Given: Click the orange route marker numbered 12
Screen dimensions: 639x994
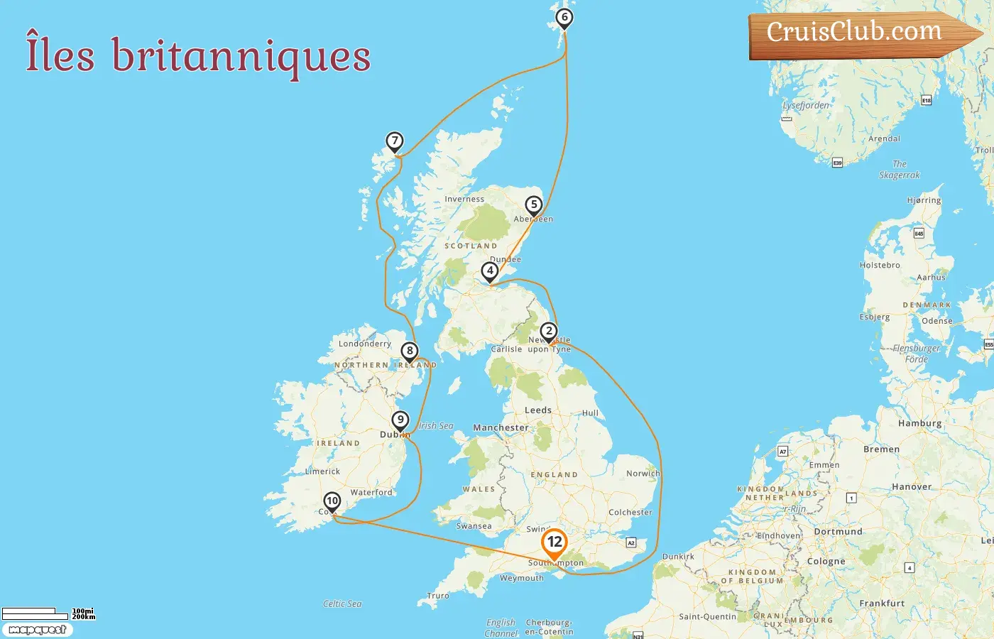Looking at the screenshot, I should [555, 543].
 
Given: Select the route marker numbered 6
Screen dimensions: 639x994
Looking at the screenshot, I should [564, 18].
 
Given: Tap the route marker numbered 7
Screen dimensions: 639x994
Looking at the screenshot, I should [395, 141].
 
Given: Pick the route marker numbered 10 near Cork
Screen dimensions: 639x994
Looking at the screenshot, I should [332, 501].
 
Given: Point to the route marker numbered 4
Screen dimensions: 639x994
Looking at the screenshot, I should [489, 271].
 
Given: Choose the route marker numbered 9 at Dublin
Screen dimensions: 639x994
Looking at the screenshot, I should [400, 420].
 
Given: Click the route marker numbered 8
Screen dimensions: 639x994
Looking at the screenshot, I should [409, 351].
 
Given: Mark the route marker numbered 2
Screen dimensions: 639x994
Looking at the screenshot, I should [548, 332].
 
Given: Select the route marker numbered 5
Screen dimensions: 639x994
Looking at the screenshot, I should [534, 205].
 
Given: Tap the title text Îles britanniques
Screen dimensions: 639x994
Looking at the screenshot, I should [198, 55].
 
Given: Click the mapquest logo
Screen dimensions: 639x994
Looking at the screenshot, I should [37, 630].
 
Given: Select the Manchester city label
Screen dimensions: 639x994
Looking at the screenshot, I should [501, 428].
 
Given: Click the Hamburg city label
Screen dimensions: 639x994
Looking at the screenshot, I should [919, 423].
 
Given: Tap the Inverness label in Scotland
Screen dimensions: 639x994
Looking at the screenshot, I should [464, 200].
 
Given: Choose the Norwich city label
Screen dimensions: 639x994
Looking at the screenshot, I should [643, 474].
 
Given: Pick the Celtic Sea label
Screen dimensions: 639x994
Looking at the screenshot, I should [342, 604].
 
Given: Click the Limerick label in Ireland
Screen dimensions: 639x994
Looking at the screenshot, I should [322, 471].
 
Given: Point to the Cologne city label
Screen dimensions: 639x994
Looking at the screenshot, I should [826, 562].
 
